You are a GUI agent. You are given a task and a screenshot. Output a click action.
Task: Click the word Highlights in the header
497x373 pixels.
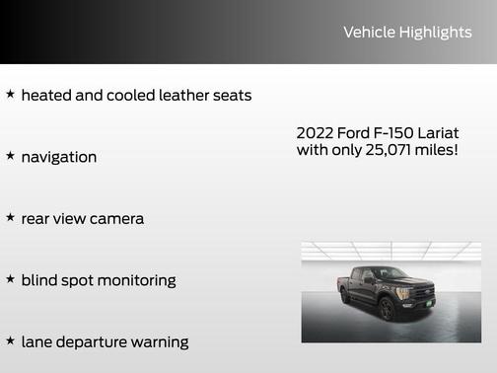click(x=435, y=33)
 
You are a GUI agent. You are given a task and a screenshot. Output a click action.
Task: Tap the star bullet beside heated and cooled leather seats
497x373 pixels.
click(x=10, y=95)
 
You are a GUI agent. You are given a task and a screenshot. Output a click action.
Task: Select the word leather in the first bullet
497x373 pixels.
click(x=180, y=96)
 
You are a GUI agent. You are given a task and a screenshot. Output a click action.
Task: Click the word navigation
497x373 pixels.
click(x=59, y=157)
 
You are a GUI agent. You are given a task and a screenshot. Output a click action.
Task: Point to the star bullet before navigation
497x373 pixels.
click(x=10, y=156)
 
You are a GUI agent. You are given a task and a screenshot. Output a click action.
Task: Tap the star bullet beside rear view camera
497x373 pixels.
click(x=10, y=217)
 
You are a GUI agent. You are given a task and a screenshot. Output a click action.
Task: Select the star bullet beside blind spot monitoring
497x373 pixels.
click(x=10, y=279)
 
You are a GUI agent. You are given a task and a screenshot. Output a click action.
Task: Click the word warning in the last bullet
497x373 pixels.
click(x=158, y=342)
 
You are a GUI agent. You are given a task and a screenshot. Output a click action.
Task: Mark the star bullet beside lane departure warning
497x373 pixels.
click(x=10, y=340)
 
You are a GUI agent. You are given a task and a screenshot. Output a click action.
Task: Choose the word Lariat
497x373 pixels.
click(x=439, y=133)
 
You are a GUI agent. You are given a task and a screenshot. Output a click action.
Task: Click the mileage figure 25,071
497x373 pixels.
click(x=386, y=151)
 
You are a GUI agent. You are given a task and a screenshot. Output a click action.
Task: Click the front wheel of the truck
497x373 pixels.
click(x=388, y=310)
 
